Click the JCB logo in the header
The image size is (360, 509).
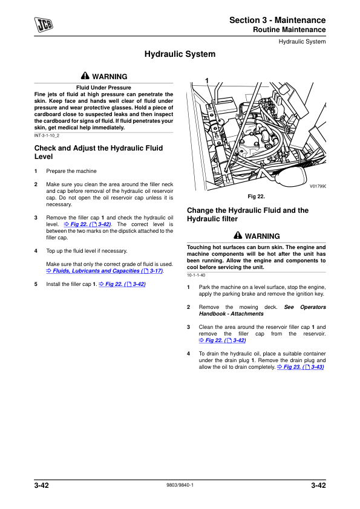point(44,24)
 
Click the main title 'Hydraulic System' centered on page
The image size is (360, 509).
point(180,54)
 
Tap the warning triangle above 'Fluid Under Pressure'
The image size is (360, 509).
point(85,76)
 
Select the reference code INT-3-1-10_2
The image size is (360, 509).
point(47,135)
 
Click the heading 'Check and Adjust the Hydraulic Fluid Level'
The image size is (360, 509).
point(99,152)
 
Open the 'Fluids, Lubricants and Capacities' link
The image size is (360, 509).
point(105,271)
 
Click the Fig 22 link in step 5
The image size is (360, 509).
point(122,284)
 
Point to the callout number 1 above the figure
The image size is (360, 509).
point(207,81)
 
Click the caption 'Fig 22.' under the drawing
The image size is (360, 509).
point(257,196)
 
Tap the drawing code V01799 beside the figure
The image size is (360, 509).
point(318,186)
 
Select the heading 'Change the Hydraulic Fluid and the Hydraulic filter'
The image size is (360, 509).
point(247,215)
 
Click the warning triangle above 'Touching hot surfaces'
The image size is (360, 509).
point(238,235)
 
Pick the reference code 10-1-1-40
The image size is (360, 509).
point(196,275)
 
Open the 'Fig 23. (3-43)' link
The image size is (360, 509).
point(301,367)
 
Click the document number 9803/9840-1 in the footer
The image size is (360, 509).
point(180,485)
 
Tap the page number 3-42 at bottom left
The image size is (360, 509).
point(42,485)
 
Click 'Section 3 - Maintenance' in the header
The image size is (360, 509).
point(278,20)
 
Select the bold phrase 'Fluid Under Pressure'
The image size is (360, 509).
point(103,88)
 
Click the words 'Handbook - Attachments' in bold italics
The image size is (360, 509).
point(231,314)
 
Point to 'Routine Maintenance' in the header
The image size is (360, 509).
point(289,30)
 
